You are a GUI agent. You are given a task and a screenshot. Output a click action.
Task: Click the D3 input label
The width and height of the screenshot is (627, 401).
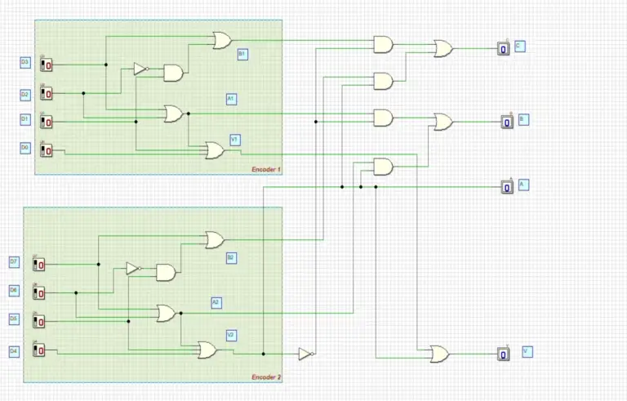click(x=24, y=62)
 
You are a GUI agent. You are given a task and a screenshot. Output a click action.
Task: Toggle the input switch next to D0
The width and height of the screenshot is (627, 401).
click(x=47, y=150)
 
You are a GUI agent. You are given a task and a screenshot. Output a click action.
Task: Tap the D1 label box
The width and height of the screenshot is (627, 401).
click(x=24, y=119)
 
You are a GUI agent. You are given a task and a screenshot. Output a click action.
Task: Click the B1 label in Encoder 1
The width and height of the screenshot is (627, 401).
click(x=242, y=53)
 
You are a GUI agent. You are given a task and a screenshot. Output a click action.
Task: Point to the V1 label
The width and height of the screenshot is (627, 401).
click(x=234, y=140)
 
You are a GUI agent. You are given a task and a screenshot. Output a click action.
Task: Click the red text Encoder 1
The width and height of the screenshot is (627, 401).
click(x=266, y=169)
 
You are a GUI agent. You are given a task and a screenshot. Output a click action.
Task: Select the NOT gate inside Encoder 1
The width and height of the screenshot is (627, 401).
click(x=140, y=69)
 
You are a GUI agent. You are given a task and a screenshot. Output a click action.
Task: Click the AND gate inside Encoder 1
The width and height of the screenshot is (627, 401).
click(x=173, y=74)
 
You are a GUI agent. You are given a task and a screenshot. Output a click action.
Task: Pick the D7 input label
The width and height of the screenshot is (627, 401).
click(x=14, y=262)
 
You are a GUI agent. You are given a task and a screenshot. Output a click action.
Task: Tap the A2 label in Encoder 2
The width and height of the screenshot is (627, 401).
click(x=216, y=302)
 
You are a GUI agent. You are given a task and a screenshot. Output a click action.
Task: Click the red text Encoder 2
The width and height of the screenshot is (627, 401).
click(x=266, y=376)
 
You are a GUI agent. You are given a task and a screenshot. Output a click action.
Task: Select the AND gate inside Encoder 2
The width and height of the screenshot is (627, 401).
click(x=166, y=272)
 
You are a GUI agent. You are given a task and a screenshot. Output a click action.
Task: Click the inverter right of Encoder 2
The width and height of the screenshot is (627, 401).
click(x=305, y=354)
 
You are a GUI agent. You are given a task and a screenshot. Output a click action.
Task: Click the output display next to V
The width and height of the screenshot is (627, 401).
click(x=504, y=354)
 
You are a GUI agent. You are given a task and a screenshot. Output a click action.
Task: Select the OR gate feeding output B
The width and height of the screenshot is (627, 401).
click(x=443, y=122)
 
